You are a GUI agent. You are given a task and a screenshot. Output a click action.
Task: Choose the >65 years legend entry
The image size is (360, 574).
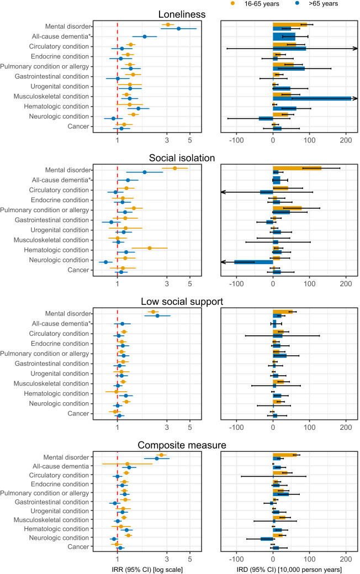click(319, 4)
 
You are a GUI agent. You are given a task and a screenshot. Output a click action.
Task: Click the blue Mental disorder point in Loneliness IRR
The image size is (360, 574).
click(178, 29)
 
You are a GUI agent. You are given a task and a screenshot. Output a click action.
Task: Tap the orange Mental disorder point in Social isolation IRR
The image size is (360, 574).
click(175, 168)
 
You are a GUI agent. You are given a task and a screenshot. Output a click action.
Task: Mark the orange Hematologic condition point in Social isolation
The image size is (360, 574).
click(150, 248)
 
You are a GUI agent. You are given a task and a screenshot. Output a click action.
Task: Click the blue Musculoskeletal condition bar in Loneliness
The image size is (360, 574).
click(311, 98)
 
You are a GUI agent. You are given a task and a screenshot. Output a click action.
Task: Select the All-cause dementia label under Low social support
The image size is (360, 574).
click(63, 323)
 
